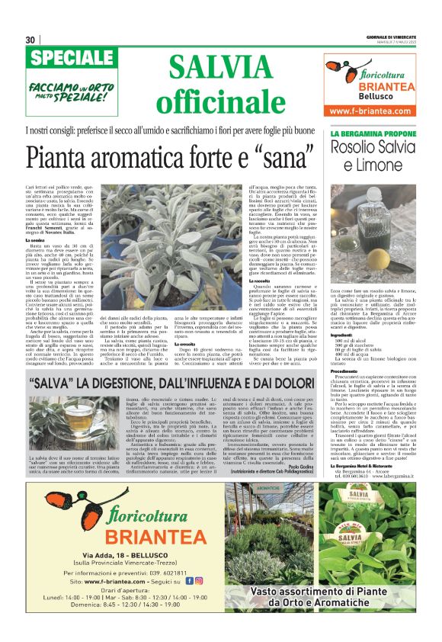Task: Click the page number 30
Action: coord(30,40)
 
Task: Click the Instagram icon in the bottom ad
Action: coord(198,581)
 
